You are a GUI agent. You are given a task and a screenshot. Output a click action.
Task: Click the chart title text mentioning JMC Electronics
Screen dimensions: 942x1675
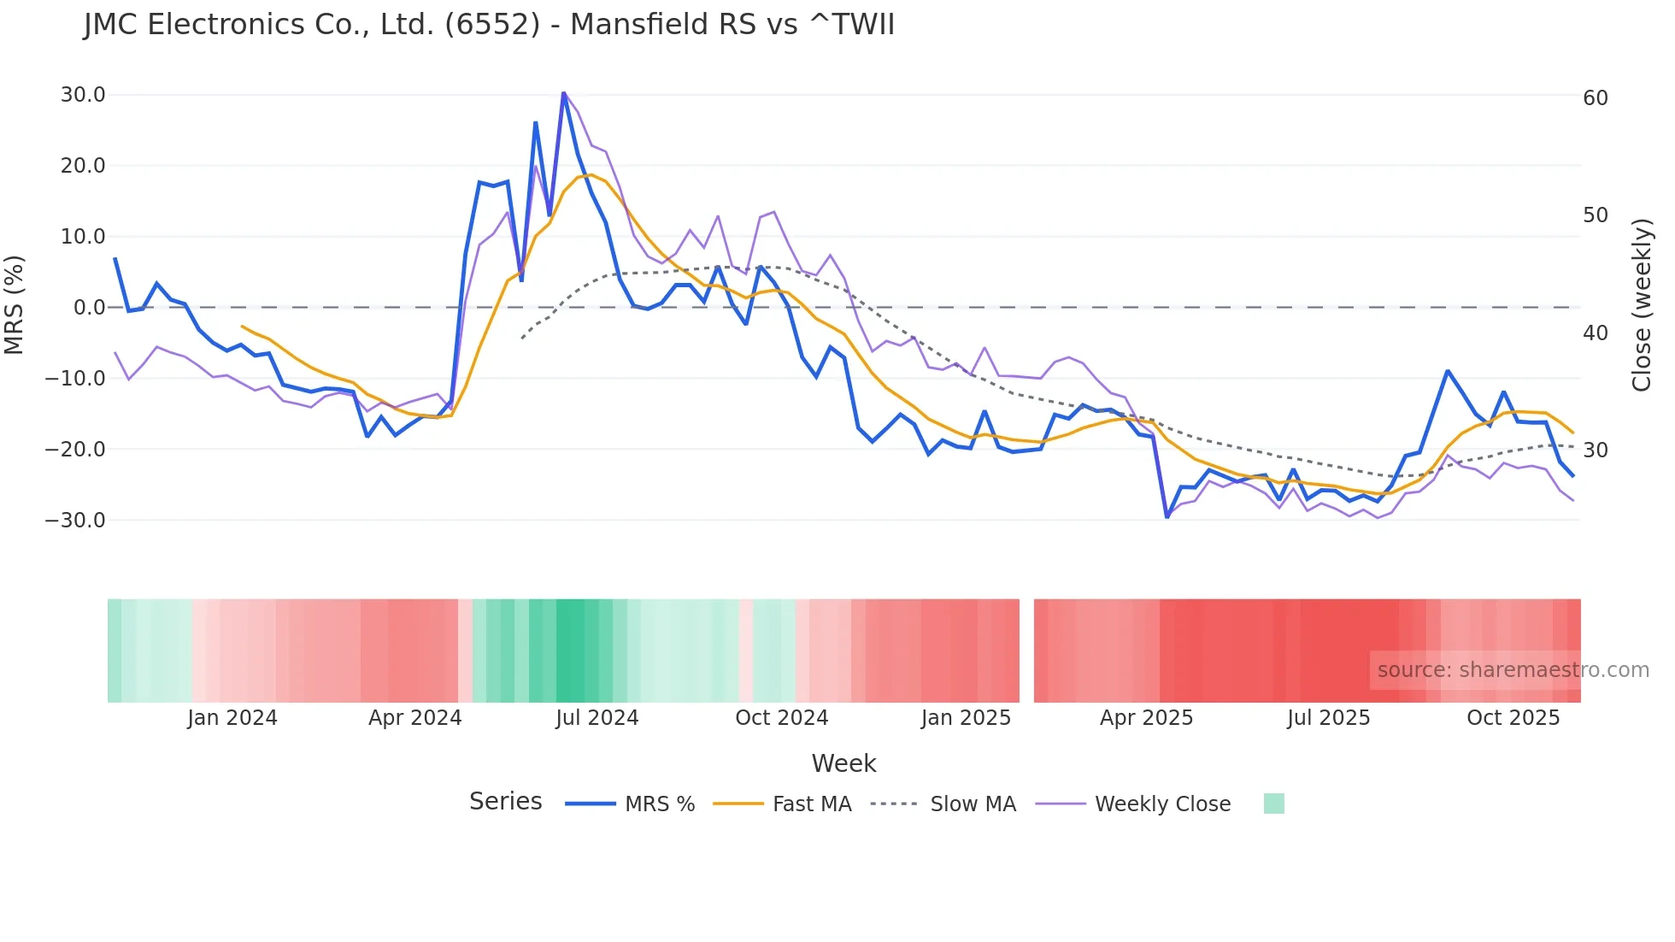489,25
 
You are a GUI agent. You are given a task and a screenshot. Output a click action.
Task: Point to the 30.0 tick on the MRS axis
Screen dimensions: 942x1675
83,95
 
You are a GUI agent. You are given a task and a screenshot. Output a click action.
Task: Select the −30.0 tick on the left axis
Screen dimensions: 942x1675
75,520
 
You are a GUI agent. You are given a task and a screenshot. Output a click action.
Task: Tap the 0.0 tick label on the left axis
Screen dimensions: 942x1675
89,308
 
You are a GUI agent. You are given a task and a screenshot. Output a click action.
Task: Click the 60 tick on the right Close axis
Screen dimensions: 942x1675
1595,98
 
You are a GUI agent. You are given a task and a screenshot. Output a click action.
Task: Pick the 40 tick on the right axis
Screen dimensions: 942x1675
1595,333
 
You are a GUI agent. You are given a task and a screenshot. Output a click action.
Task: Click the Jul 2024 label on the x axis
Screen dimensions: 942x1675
597,718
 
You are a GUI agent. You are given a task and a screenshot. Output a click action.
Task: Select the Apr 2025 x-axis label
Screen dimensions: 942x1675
1146,718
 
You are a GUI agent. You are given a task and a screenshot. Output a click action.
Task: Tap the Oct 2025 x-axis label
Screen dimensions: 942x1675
1513,718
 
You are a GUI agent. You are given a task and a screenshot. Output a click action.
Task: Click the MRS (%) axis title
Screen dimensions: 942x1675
15,305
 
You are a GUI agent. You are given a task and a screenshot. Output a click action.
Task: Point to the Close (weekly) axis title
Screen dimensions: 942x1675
1641,305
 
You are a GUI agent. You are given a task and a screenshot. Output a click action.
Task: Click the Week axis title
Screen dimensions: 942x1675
843,763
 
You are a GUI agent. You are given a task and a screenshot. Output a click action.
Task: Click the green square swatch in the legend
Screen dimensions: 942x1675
1273,804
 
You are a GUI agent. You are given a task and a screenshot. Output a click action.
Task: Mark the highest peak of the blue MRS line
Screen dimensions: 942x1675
564,92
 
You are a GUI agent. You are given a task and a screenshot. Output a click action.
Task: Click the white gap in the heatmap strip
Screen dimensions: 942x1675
1026,651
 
